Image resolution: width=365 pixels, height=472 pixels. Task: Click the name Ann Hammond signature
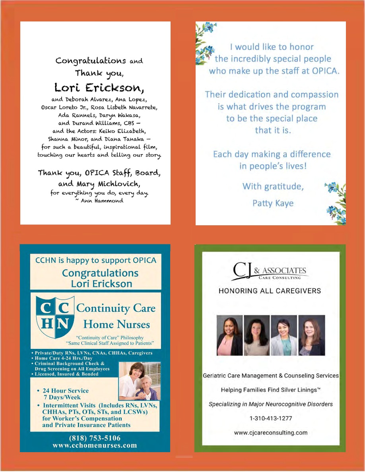coord(99,201)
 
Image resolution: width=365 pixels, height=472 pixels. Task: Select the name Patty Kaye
coord(273,203)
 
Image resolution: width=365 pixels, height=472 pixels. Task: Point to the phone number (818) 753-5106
coord(95,438)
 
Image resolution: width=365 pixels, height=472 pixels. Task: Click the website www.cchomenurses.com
coord(95,445)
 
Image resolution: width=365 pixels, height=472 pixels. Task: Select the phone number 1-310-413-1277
coord(270,418)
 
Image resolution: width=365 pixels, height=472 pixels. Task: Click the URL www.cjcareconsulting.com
coord(270,433)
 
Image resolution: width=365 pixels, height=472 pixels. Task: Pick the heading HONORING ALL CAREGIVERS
coord(270,291)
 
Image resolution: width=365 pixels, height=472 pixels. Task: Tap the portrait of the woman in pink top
coord(229,335)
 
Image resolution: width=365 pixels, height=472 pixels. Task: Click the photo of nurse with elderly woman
coord(140,381)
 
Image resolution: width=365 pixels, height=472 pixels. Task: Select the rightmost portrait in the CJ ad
coord(311,335)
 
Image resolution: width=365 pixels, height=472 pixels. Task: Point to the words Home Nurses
coord(116,325)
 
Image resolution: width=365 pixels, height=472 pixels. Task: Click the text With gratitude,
coord(273,186)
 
